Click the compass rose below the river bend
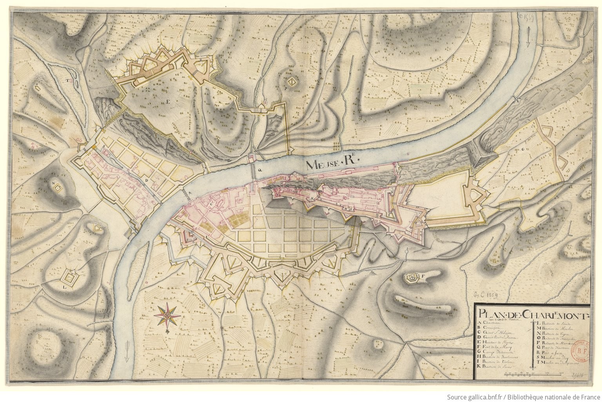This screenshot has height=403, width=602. (x=167, y=314)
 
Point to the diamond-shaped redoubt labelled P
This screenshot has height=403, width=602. (x=291, y=82)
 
